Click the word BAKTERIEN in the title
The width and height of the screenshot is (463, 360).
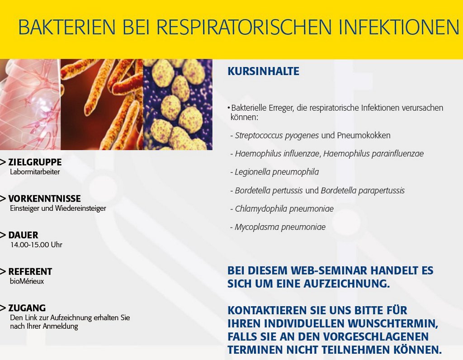tap(66, 27)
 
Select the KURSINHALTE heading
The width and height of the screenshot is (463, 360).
tap(264, 71)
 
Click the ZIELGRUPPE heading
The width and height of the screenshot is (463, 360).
tap(35, 162)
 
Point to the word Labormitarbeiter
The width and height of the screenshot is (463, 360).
tap(35, 172)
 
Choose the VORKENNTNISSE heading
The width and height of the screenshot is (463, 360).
tap(44, 199)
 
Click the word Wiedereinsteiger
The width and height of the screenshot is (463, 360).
tap(81, 208)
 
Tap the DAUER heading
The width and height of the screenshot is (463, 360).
tap(23, 235)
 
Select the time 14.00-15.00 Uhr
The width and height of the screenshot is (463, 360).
tap(36, 245)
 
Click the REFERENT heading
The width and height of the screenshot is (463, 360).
tap(30, 271)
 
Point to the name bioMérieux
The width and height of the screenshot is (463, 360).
tap(27, 281)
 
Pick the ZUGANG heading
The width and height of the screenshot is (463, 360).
tap(27, 308)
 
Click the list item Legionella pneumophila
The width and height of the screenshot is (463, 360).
tap(277, 172)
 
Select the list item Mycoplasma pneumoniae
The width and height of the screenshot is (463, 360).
tap(280, 227)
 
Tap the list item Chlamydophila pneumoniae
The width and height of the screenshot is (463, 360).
tap(284, 209)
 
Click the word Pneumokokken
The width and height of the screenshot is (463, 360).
tap(364, 136)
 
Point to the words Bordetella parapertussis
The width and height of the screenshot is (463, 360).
tap(363, 190)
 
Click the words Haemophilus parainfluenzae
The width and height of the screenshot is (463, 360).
tap(373, 154)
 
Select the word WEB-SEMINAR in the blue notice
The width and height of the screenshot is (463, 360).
tap(329, 270)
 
